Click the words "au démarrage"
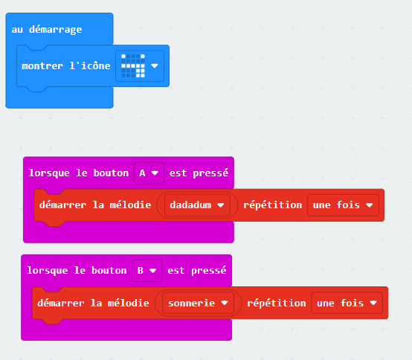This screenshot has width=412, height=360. point(47,30)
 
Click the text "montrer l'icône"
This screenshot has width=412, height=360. point(66,65)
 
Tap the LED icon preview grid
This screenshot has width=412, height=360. point(133,65)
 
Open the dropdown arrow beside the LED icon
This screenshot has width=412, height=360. point(155,65)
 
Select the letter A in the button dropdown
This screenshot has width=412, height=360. point(142,173)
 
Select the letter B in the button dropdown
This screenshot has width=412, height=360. point(141,271)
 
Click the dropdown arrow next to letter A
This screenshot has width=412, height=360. point(155,173)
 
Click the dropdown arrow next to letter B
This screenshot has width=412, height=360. point(152,271)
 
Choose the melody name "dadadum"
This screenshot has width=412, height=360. point(190,205)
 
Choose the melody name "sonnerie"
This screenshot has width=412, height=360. point(192,303)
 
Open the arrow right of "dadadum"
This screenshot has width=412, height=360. point(221,205)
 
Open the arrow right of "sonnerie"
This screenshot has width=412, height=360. point(225,303)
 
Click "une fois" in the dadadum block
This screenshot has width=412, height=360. point(336,205)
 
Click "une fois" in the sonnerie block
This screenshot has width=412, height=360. point(340,303)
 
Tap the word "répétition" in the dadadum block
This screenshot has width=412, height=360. point(272,205)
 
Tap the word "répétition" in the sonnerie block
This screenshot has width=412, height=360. point(277,303)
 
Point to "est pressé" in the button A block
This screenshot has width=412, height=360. point(199,173)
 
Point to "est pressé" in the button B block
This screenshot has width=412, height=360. point(197,271)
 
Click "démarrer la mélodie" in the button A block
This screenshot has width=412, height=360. point(95,205)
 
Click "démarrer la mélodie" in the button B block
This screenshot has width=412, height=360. point(93,303)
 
